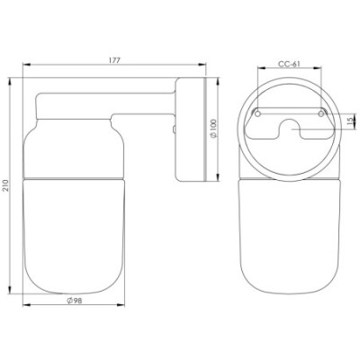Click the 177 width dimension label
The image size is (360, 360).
(114, 60)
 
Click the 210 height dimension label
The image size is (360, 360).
(6, 186)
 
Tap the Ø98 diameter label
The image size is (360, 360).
(74, 301)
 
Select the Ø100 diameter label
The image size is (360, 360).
(213, 129)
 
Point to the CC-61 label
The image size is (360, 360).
(289, 64)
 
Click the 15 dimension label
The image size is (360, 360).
(349, 121)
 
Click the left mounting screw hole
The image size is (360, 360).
(257, 113)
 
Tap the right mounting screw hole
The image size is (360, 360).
(321, 113)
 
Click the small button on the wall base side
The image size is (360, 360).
(174, 130)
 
